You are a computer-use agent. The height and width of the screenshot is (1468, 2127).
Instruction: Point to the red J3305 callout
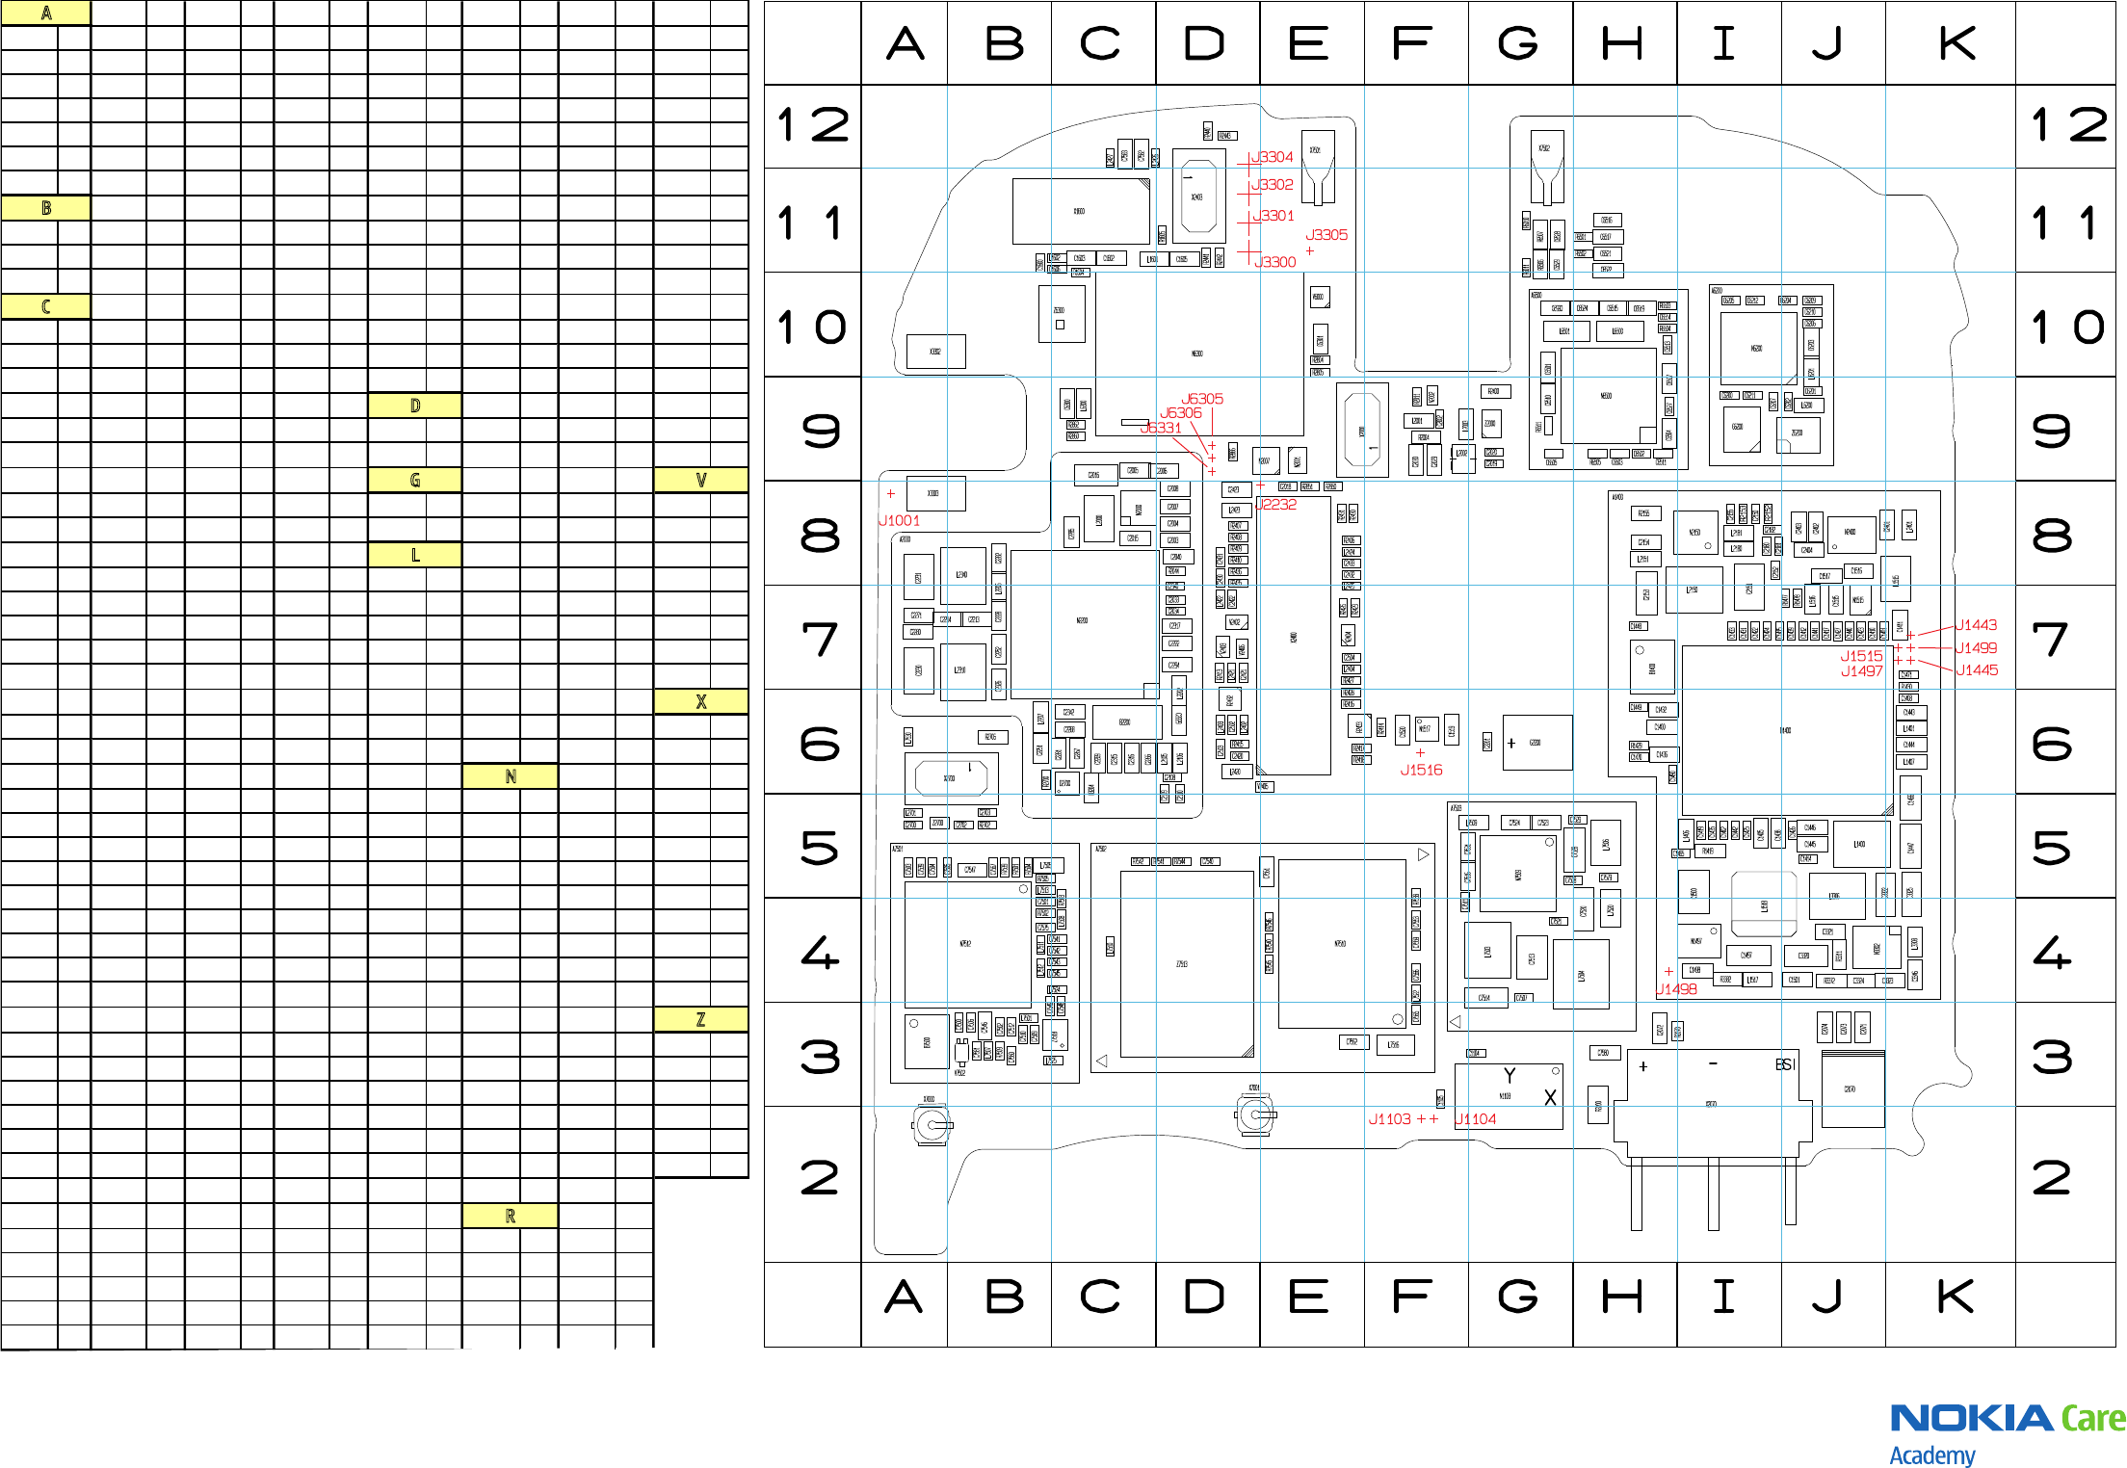(x=1326, y=235)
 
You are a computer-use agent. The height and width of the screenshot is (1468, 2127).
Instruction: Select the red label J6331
(x=1161, y=428)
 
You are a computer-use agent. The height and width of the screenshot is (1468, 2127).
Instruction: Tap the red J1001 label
(x=900, y=520)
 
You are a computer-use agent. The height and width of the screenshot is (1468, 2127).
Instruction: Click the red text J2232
(x=1277, y=504)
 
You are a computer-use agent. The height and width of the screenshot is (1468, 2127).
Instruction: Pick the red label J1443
(x=1976, y=625)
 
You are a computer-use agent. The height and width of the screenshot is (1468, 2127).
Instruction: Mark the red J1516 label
(x=1421, y=770)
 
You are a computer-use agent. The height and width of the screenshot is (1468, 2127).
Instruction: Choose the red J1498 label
(x=1676, y=988)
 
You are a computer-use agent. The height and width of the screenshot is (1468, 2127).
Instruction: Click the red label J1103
(x=1389, y=1118)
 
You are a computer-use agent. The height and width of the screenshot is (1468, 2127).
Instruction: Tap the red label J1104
(x=1476, y=1118)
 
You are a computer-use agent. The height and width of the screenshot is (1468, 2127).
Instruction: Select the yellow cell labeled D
(x=415, y=406)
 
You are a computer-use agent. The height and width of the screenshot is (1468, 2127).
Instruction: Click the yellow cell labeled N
(x=511, y=776)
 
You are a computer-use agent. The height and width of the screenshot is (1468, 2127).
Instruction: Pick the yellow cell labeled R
(x=511, y=1216)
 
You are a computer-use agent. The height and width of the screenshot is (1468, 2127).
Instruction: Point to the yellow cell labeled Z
(x=700, y=1019)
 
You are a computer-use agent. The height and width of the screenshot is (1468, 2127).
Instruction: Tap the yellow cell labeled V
(x=700, y=480)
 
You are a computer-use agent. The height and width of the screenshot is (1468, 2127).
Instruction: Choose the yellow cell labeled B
(x=45, y=208)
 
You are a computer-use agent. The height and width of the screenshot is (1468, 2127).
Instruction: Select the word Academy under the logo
(x=1931, y=1455)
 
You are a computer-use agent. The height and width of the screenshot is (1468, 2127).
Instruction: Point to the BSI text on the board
(x=1785, y=1064)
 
